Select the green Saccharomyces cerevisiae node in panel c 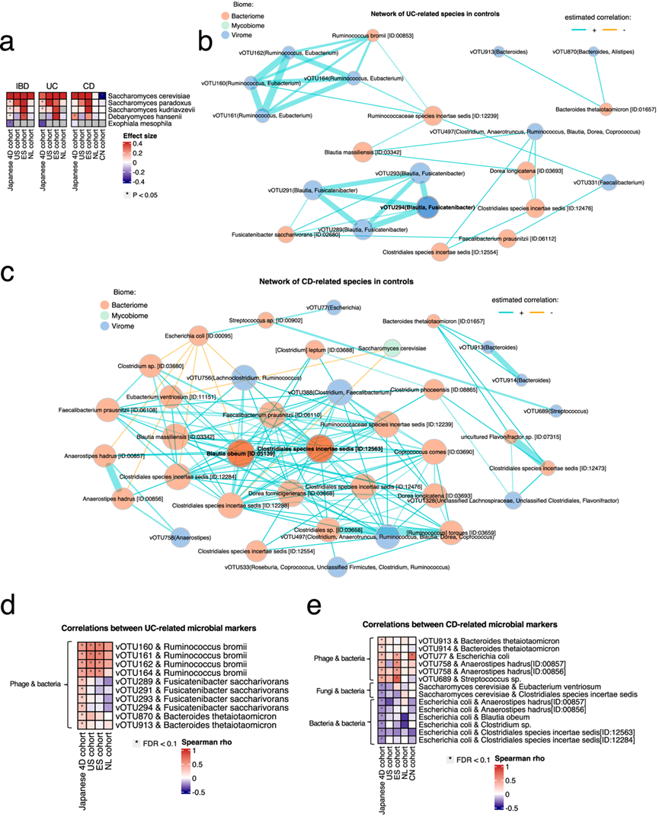(x=392, y=347)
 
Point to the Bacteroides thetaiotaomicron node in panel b (x=607, y=110)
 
